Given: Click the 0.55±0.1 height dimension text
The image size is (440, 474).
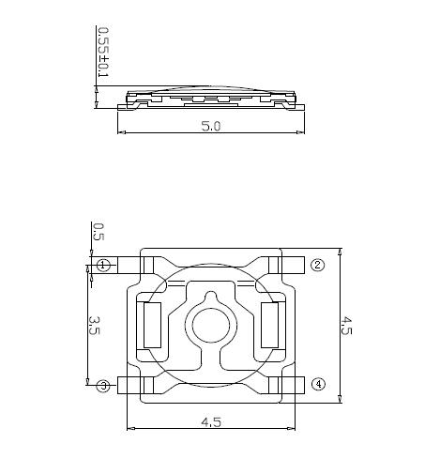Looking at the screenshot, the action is pos(103,53).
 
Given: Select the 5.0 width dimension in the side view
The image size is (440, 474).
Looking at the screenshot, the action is pos(211,126).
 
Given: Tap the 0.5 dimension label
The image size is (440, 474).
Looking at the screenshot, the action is pos(99,232).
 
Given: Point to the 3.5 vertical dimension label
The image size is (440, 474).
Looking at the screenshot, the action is pos(94,326).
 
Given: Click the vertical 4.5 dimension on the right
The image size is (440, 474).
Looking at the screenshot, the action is pos(346,326).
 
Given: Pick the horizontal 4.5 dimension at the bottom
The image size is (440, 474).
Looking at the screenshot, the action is pos(211,422).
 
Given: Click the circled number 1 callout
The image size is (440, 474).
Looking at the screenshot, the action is pos(103,266).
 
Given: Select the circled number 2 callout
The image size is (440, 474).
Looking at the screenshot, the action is pos(318,265).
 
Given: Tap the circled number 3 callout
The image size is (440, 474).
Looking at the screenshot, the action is pos(103,386).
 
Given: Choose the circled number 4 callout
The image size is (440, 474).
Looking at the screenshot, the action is pos(318,384).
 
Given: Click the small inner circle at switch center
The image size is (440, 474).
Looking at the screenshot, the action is pos(211,325).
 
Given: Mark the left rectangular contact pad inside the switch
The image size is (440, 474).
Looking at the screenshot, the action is pos(152,325).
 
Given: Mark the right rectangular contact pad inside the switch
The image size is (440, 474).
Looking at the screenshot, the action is pos(269,325).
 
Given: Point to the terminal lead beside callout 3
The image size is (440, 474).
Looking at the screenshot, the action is pos(129,385).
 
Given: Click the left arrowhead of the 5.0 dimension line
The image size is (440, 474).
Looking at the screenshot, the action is pos(122,132).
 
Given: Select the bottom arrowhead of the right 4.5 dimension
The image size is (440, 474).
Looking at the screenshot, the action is pos(341,399).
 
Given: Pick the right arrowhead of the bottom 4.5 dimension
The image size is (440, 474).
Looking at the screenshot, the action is pos(291,428).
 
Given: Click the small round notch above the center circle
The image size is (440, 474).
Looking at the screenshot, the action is pos(211,297).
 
